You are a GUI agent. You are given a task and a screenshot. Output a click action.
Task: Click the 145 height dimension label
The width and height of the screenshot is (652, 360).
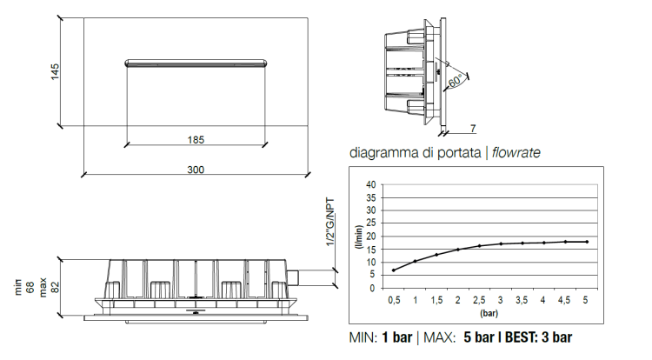click(55, 71)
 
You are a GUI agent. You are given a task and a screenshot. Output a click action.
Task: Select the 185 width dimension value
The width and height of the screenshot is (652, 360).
click(196, 140)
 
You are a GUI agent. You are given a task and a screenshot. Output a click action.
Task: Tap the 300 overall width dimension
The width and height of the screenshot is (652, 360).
click(196, 170)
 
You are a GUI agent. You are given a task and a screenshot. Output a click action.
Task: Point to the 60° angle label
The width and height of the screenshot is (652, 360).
click(455, 80)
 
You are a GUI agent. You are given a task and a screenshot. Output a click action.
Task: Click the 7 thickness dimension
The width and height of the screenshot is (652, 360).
click(473, 129)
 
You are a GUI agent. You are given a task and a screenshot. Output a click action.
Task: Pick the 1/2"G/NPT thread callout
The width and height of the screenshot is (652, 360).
click(330, 222)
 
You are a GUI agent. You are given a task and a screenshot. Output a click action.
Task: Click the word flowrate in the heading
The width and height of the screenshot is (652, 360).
click(516, 152)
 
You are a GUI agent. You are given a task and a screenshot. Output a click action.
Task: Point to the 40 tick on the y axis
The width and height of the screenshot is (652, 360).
click(370, 184)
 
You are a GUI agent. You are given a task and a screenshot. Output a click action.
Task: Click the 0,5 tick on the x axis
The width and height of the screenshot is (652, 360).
click(394, 300)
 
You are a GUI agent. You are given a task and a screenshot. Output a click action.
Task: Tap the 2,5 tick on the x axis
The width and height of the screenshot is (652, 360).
click(479, 300)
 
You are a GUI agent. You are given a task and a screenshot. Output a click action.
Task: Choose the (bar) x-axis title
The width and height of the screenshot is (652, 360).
click(489, 313)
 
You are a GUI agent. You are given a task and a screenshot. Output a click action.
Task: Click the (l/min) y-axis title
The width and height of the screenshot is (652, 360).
click(359, 237)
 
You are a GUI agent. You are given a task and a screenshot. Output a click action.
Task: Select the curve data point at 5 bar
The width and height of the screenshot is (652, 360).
click(587, 242)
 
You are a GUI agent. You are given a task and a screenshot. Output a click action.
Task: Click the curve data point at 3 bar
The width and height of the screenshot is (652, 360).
click(501, 244)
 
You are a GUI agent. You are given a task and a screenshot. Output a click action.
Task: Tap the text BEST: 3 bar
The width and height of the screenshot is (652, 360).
click(538, 337)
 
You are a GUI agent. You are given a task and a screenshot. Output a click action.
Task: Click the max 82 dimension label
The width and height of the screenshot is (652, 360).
click(49, 287)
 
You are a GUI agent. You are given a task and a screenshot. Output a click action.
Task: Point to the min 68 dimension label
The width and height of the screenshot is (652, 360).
click(24, 287)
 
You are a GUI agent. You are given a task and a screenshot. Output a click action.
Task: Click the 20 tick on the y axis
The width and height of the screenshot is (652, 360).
click(370, 237)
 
